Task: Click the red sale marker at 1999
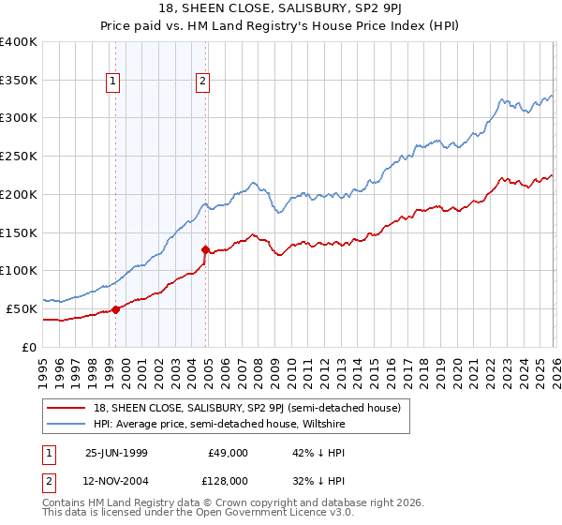click(x=116, y=309)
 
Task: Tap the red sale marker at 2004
click(x=205, y=249)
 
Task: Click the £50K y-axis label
click(x=21, y=308)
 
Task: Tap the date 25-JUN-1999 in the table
click(x=114, y=453)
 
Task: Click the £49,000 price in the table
click(x=228, y=453)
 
